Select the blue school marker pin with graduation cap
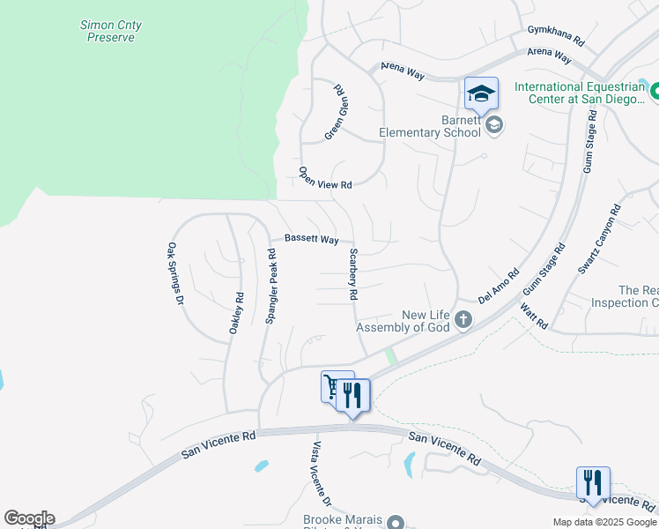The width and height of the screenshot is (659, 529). [482, 93]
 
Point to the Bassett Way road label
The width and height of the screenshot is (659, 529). [311, 239]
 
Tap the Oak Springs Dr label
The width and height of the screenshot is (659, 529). [175, 274]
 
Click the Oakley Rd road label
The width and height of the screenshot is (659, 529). [235, 313]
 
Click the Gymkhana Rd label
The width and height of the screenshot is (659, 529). [556, 35]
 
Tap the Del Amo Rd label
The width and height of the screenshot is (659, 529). [499, 287]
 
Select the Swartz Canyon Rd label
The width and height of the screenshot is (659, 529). [599, 239]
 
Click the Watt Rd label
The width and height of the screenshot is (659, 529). [534, 317]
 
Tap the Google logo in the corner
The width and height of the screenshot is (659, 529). [29, 518]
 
